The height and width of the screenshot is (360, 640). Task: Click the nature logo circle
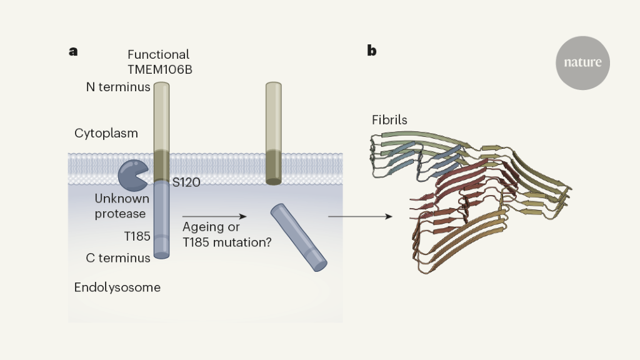(582, 63)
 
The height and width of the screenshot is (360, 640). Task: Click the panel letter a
(73, 51)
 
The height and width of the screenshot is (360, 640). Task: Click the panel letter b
(372, 51)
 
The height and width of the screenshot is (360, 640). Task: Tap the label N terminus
(118, 87)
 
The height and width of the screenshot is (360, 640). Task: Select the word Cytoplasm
(106, 133)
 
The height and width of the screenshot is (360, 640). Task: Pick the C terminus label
(118, 257)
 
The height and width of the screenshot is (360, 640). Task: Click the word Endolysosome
(117, 287)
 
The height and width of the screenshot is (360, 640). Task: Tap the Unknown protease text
(122, 206)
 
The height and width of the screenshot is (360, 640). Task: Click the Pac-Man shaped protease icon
(132, 175)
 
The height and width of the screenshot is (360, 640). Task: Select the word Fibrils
(390, 119)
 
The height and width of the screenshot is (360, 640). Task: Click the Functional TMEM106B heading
(159, 62)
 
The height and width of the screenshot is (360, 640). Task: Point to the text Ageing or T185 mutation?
(226, 235)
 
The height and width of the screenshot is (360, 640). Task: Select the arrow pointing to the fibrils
(360, 216)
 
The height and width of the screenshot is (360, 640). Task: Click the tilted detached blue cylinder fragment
(299, 238)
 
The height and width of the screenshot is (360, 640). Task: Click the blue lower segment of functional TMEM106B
(161, 219)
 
